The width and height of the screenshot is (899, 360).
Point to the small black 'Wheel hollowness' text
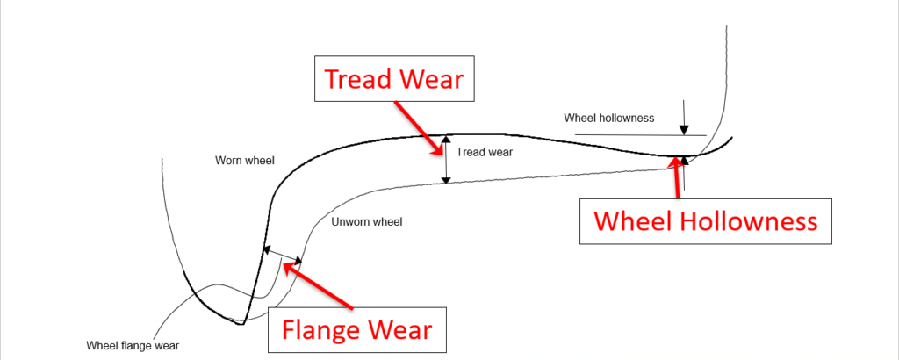608,118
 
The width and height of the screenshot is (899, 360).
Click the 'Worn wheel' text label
245,162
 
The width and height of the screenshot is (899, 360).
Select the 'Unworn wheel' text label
367,222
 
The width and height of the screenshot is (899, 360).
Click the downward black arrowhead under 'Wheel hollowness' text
684,129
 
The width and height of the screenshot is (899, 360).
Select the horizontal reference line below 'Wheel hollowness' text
641,135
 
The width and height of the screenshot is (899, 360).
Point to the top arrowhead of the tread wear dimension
446,139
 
